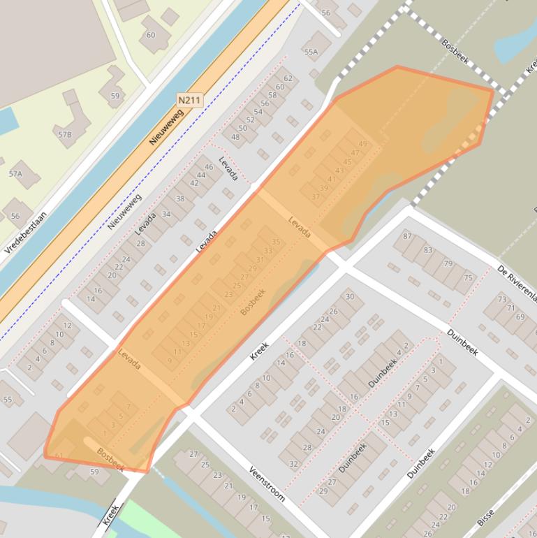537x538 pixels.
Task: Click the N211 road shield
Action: pyautogui.click(x=189, y=101)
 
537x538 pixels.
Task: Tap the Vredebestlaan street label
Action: pyautogui.click(x=26, y=232)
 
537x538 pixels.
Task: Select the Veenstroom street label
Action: pyautogui.click(x=267, y=484)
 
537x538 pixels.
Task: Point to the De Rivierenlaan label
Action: pyautogui.click(x=517, y=284)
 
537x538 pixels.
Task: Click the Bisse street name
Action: pyautogui.click(x=485, y=518)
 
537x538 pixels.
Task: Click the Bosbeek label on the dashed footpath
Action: pyautogui.click(x=455, y=52)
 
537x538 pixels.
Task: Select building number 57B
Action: pyautogui.click(x=65, y=134)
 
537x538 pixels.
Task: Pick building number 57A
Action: pyautogui.click(x=15, y=173)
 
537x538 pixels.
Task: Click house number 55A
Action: pyautogui.click(x=311, y=52)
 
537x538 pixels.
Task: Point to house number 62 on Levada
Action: pyautogui.click(x=288, y=78)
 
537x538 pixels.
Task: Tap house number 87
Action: pyautogui.click(x=407, y=236)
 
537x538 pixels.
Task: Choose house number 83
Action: pyautogui.click(x=427, y=249)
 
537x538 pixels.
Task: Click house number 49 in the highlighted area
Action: pyautogui.click(x=362, y=144)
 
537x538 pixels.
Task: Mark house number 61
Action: pyautogui.click(x=59, y=456)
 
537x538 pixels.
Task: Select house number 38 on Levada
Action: pyautogui.click(x=180, y=198)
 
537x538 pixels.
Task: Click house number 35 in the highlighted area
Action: pyautogui.click(x=276, y=242)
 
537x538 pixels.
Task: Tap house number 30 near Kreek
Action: pyautogui.click(x=350, y=296)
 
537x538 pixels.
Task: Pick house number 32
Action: pyautogui.click(x=293, y=463)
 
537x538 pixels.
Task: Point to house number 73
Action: pyautogui.click(x=501, y=299)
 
